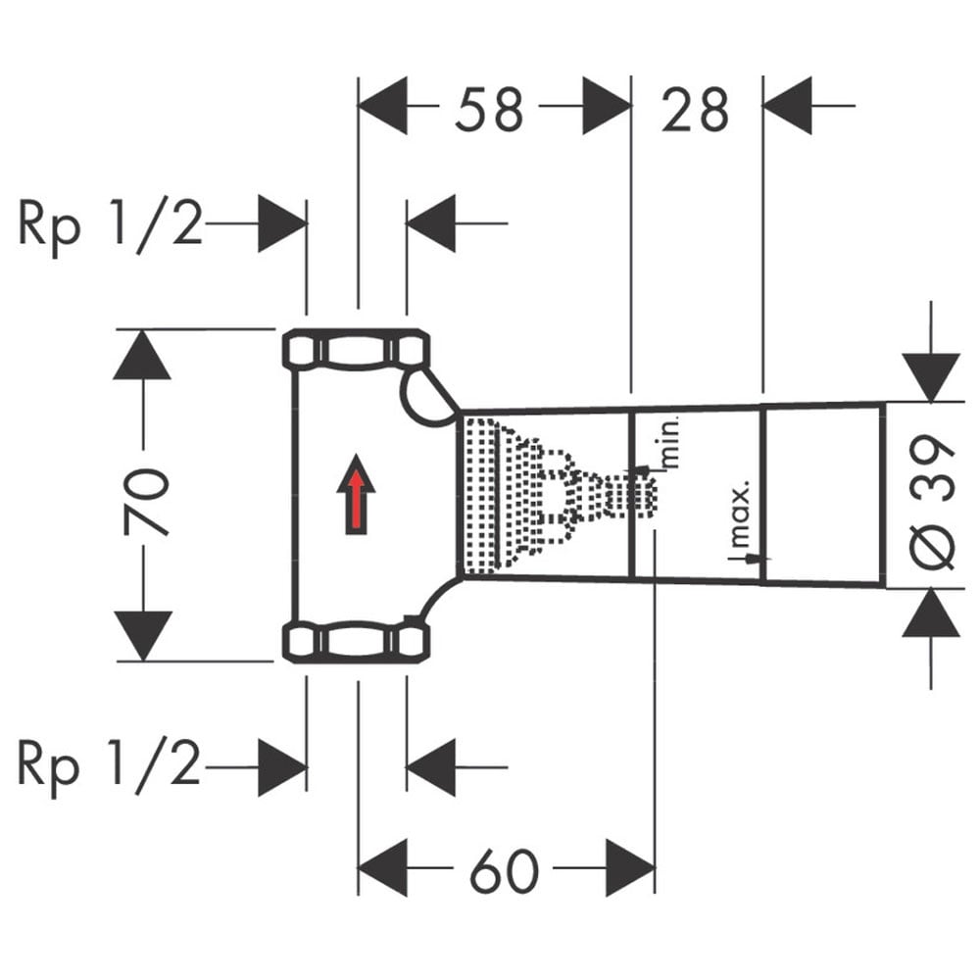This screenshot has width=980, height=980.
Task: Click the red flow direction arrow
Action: tap(357, 494)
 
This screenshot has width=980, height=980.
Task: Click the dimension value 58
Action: tap(489, 110)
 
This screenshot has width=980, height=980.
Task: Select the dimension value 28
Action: tap(695, 110)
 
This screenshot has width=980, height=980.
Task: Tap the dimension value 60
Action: tap(504, 870)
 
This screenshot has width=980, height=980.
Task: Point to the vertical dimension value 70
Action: tap(146, 502)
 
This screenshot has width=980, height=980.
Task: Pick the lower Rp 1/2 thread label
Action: tap(110, 765)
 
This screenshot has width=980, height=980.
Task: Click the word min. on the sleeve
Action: tap(669, 444)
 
